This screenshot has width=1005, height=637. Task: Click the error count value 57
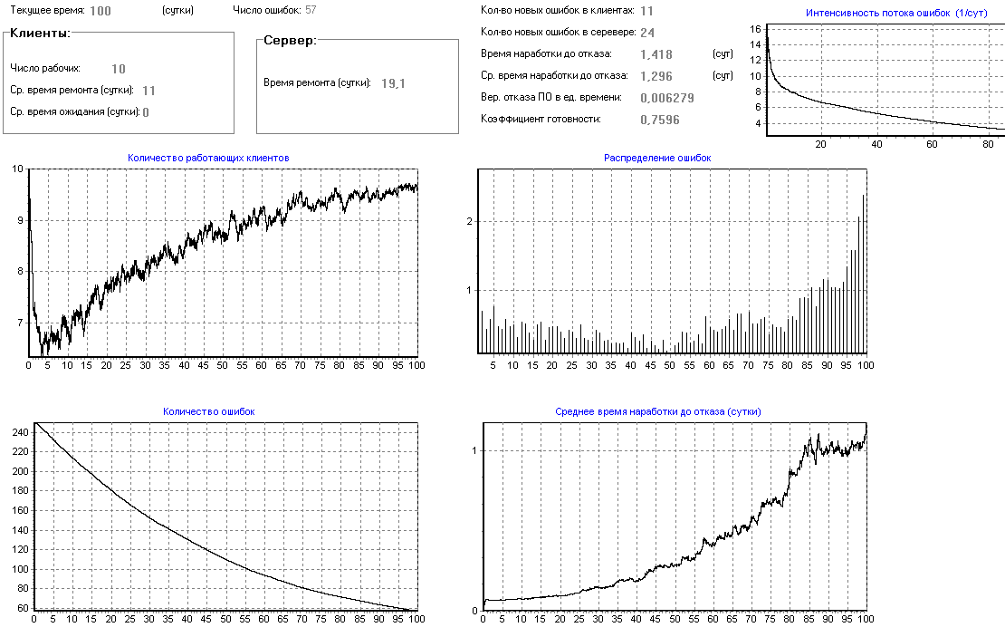point(311,11)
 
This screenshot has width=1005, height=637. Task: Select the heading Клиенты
point(39,33)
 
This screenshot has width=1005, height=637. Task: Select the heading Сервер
point(290,42)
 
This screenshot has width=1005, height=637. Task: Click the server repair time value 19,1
point(393,83)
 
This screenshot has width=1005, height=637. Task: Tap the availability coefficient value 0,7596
point(660,120)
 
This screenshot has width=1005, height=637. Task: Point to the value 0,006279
point(666,98)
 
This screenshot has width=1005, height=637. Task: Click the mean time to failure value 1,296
point(656,76)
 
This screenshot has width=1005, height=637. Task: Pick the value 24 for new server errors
point(647,33)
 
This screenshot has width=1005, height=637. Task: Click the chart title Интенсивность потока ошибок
point(877,13)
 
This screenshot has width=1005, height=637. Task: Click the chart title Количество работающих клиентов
point(208,158)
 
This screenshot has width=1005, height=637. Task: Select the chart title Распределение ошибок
point(657,158)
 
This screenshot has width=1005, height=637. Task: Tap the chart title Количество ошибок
point(208,411)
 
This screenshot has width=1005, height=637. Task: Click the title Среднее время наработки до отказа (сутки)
point(657,411)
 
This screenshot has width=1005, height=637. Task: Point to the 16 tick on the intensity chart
point(755,29)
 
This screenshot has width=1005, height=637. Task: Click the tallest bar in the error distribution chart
point(863,272)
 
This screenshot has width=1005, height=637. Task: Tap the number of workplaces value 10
point(119,69)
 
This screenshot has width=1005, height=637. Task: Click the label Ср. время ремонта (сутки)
point(72,90)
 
